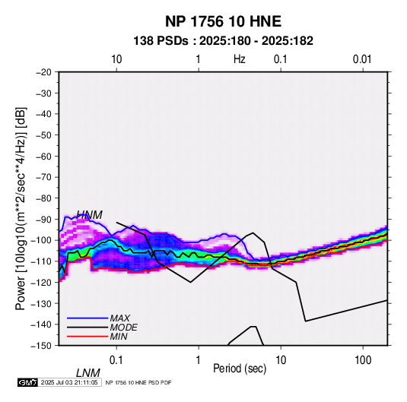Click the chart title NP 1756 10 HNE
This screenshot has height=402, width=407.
(223, 21)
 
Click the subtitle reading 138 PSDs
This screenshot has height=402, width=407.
(161, 41)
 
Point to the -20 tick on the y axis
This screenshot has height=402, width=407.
(43, 72)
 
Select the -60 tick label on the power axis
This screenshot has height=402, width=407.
(43, 156)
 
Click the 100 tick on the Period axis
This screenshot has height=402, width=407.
(363, 360)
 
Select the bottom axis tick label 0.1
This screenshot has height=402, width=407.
(116, 360)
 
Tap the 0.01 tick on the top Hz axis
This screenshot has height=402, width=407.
(362, 59)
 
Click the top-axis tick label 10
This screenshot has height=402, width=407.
(116, 59)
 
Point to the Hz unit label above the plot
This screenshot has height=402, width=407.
(240, 59)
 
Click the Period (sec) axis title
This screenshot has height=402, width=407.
(240, 369)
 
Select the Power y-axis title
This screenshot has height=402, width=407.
(21, 209)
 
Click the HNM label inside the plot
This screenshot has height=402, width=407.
(89, 215)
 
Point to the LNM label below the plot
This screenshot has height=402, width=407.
(88, 373)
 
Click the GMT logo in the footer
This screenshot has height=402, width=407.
(28, 382)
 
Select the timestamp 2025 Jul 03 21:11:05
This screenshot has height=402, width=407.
(69, 382)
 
